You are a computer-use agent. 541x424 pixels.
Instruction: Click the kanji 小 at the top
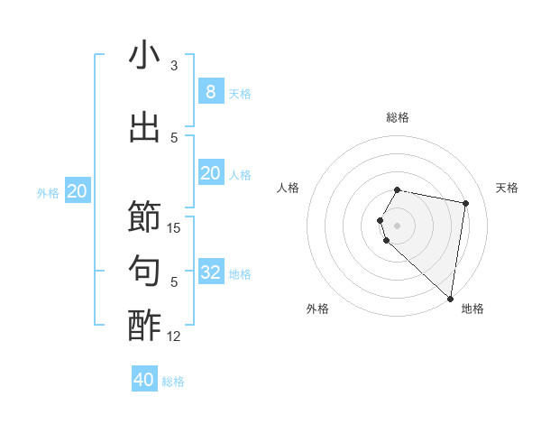[x=144, y=56]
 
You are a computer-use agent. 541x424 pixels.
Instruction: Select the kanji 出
[x=144, y=127]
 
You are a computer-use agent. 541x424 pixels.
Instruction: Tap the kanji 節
[x=144, y=217]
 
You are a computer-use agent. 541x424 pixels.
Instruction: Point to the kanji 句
[x=144, y=271]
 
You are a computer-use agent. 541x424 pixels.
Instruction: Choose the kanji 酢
[x=144, y=326]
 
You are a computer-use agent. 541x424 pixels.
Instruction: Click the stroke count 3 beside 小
[x=174, y=66]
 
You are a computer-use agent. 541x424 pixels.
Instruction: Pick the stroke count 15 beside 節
[x=174, y=228]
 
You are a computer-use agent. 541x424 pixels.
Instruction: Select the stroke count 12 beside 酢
[x=174, y=336]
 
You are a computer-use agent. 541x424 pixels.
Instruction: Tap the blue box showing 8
[x=210, y=91]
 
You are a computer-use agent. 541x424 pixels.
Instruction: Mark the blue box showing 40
[x=144, y=380]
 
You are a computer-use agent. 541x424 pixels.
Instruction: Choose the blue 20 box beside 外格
[x=78, y=190]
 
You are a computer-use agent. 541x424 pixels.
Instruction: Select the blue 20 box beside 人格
[x=210, y=172]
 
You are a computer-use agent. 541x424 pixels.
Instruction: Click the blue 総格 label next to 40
[x=173, y=382]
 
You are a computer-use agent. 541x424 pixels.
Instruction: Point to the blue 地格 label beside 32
[x=240, y=273]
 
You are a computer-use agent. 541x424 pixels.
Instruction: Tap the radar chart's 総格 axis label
[x=398, y=117]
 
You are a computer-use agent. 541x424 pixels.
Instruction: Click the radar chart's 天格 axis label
[x=507, y=188]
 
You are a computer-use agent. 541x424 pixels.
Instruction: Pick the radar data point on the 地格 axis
[x=450, y=298]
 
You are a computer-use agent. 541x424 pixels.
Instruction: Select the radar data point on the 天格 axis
[x=465, y=203]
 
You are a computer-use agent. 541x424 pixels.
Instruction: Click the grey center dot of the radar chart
[x=398, y=225]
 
